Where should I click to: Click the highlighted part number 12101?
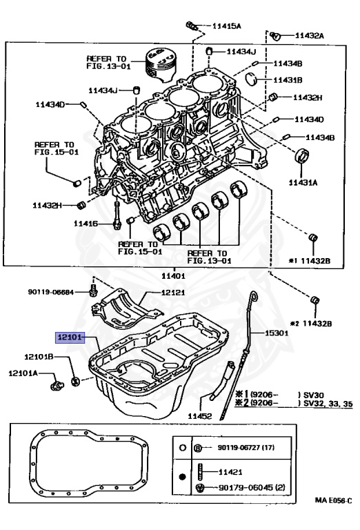coord(69,337)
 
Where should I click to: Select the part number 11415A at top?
coord(227,27)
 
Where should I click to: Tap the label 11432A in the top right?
coord(310,35)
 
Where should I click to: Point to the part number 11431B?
coord(288,80)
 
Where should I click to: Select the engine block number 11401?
coord(173,275)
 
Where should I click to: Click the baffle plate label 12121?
coord(175,293)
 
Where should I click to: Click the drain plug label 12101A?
coord(23,373)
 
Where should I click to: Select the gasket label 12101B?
coord(39,357)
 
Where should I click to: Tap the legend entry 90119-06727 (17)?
coord(246,448)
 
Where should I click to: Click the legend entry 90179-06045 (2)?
coord(250,489)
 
